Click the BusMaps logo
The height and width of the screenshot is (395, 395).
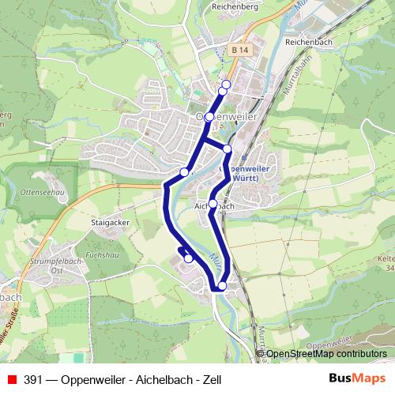pos(356,379)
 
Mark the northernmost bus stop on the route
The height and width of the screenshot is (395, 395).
pos(226,85)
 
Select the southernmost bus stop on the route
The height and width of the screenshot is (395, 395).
pos(222,286)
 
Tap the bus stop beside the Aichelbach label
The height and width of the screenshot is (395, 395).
pos(213,203)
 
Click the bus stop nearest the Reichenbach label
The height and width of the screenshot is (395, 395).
pos(226,85)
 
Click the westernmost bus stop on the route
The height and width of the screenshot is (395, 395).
pos(184,171)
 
